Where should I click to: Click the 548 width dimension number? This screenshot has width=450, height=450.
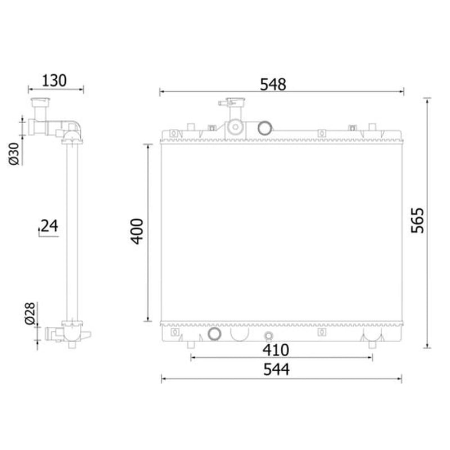point(273,84)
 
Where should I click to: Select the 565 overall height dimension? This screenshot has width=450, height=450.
point(417,220)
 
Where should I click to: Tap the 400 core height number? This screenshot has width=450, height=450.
point(137,231)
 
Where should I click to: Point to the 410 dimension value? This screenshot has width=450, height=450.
point(276,350)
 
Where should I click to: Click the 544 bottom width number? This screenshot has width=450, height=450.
point(276,370)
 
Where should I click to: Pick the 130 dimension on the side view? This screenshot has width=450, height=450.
point(54,80)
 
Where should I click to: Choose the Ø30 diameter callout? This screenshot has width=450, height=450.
point(14,154)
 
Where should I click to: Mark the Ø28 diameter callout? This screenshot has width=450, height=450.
point(30,313)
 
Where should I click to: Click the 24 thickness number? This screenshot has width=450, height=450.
point(49,226)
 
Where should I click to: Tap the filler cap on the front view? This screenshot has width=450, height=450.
point(235,102)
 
